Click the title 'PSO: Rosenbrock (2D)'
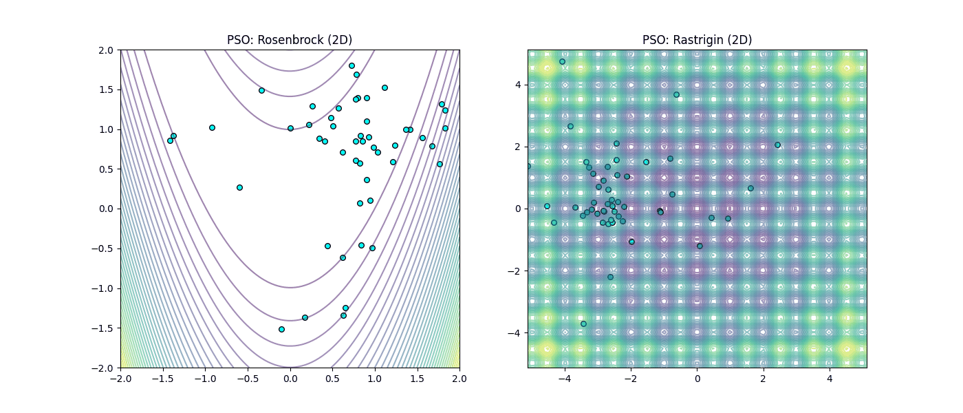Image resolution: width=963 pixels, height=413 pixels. pyautogui.click(x=290, y=40)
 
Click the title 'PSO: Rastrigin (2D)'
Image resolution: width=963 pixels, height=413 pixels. pyautogui.click(x=697, y=40)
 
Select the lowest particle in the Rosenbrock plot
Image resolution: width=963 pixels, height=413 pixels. pyautogui.click(x=281, y=329)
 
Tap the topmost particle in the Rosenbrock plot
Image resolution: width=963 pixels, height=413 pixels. pyautogui.click(x=351, y=65)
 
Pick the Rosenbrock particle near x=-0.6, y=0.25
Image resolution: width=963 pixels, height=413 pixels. pyautogui.click(x=239, y=187)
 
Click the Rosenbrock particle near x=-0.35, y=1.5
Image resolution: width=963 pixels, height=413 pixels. pyautogui.click(x=261, y=90)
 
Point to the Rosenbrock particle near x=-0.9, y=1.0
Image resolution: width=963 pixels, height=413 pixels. pyautogui.click(x=212, y=127)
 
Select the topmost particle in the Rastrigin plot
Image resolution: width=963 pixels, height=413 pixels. pyautogui.click(x=562, y=61)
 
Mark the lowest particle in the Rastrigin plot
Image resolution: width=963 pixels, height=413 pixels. pyautogui.click(x=583, y=324)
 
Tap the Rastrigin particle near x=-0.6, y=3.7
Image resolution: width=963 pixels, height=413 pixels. pyautogui.click(x=676, y=94)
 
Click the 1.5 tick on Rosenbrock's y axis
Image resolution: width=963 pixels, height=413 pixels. pyautogui.click(x=107, y=89)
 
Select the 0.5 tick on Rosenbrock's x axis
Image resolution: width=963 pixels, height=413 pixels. pyautogui.click(x=332, y=378)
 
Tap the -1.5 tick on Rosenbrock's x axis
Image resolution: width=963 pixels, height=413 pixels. pyautogui.click(x=162, y=378)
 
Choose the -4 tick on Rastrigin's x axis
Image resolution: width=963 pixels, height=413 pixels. pyautogui.click(x=564, y=378)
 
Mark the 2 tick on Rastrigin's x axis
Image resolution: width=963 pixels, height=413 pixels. pyautogui.click(x=764, y=378)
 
